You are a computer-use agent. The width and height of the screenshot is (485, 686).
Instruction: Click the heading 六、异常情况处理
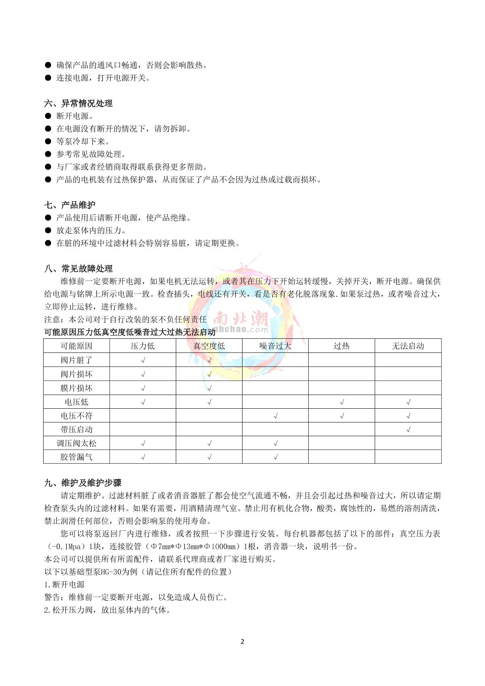pyautogui.click(x=78, y=103)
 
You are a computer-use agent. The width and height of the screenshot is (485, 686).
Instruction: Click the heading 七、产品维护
pyautogui.click(x=70, y=205)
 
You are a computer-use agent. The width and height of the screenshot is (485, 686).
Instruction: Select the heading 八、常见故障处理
pyautogui.click(x=78, y=269)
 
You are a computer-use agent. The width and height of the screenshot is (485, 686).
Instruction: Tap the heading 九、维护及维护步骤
pyautogui.click(x=83, y=483)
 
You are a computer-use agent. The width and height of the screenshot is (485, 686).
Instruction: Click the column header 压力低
pyautogui.click(x=143, y=346)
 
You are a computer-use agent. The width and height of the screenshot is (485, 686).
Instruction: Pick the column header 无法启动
pyautogui.click(x=408, y=346)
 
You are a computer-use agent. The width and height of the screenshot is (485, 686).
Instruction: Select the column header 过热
pyautogui.click(x=342, y=346)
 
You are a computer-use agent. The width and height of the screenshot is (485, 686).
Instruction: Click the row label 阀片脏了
pyautogui.click(x=76, y=360)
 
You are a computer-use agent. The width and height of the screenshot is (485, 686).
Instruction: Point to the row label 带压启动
pyautogui.click(x=76, y=429)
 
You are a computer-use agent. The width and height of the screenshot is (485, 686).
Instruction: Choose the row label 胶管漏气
pyautogui.click(x=76, y=457)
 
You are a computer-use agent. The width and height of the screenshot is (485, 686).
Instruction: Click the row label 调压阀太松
pyautogui.click(x=76, y=443)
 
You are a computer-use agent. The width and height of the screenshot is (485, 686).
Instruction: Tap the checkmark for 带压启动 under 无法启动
pyautogui.click(x=408, y=429)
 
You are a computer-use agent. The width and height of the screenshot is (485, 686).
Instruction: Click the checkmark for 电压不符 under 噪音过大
pyautogui.click(x=276, y=416)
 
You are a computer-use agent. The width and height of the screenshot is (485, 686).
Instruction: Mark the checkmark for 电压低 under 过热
pyautogui.click(x=342, y=402)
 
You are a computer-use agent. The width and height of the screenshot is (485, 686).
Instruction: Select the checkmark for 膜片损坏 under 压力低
pyautogui.click(x=143, y=388)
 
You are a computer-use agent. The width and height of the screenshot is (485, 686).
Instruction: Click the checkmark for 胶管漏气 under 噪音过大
pyautogui.click(x=276, y=457)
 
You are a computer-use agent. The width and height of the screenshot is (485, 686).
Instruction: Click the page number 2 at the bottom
pyautogui.click(x=242, y=642)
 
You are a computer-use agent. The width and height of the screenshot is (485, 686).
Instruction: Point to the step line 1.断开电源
pyautogui.click(x=64, y=585)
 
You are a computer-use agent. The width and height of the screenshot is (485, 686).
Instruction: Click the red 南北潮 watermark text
pyautogui.click(x=241, y=318)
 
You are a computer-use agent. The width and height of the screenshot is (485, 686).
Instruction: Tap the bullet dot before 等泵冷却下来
pyautogui.click(x=48, y=141)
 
